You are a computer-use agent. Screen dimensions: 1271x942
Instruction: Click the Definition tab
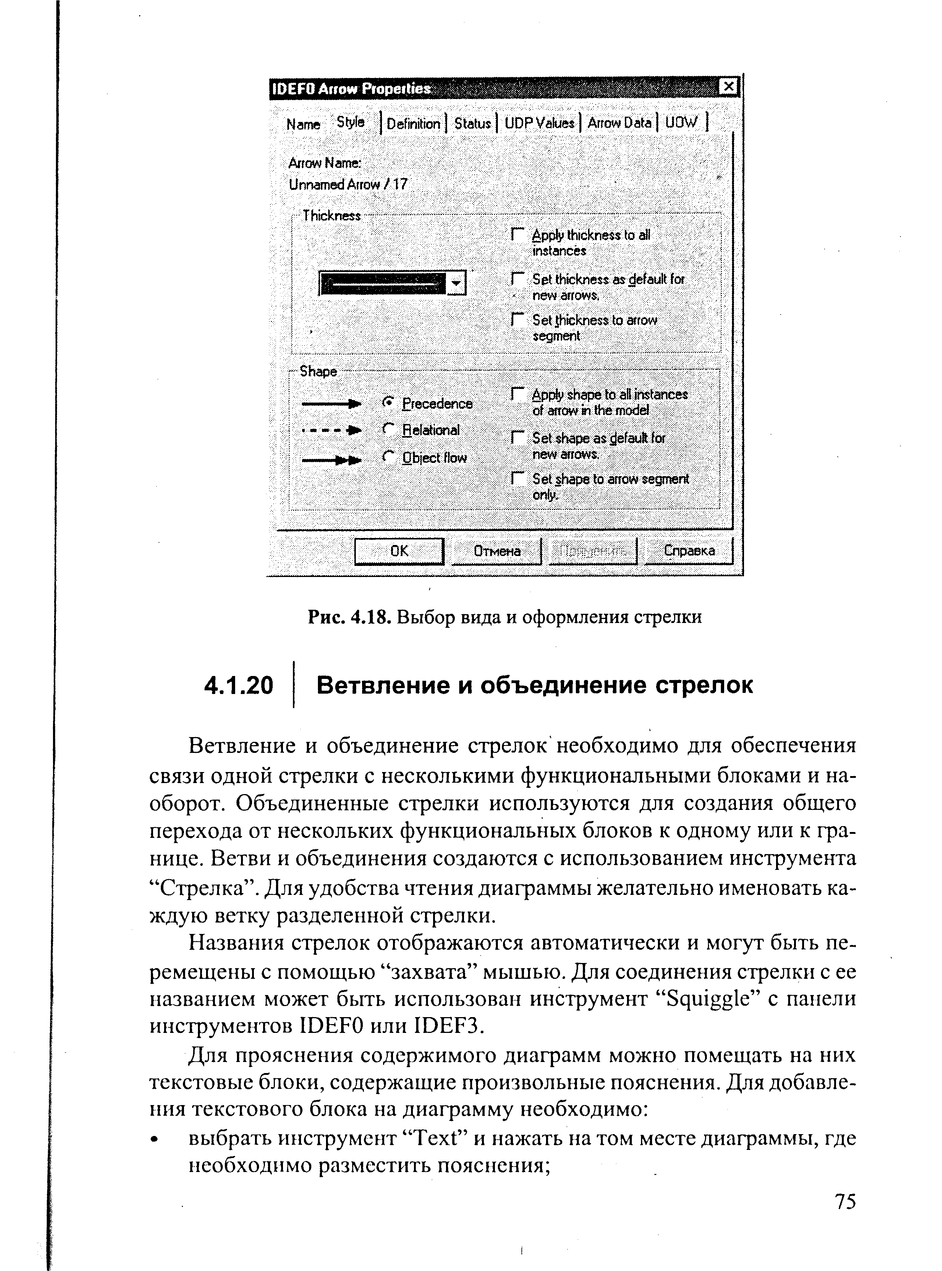click(413, 123)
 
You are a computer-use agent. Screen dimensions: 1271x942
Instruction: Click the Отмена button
click(497, 551)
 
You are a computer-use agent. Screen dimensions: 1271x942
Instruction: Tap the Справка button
click(688, 551)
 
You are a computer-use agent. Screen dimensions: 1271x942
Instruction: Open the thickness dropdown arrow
click(456, 283)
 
